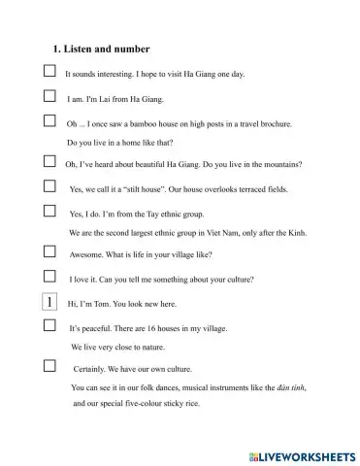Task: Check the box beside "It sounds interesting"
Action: click(x=49, y=72)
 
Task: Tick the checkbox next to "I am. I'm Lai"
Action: click(x=49, y=97)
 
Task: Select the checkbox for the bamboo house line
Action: click(x=49, y=121)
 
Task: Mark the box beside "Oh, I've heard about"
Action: click(x=49, y=162)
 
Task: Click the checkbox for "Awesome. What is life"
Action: click(x=49, y=251)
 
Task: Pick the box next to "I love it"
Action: click(x=49, y=276)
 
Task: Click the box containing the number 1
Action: click(x=49, y=302)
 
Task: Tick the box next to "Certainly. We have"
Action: click(x=49, y=366)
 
